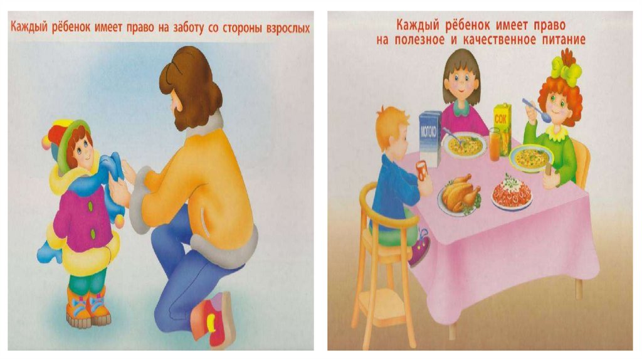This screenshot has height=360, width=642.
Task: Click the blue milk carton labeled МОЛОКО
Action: [429, 139]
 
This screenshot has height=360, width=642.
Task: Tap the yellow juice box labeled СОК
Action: [502, 127]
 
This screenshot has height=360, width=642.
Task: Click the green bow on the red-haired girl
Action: [566, 68]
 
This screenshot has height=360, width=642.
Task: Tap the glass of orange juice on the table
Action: [495, 144]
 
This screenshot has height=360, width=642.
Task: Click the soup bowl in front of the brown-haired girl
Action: [464, 146]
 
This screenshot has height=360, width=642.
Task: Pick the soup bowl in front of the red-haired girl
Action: [531, 157]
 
